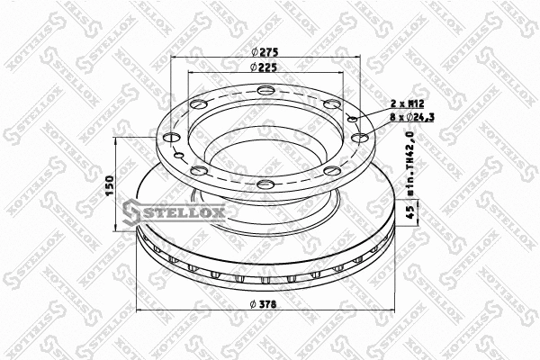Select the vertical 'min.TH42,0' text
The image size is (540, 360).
pos(409,164)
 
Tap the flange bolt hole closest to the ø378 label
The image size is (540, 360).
pos(265,184)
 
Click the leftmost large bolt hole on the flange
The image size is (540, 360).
pos(166,138)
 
